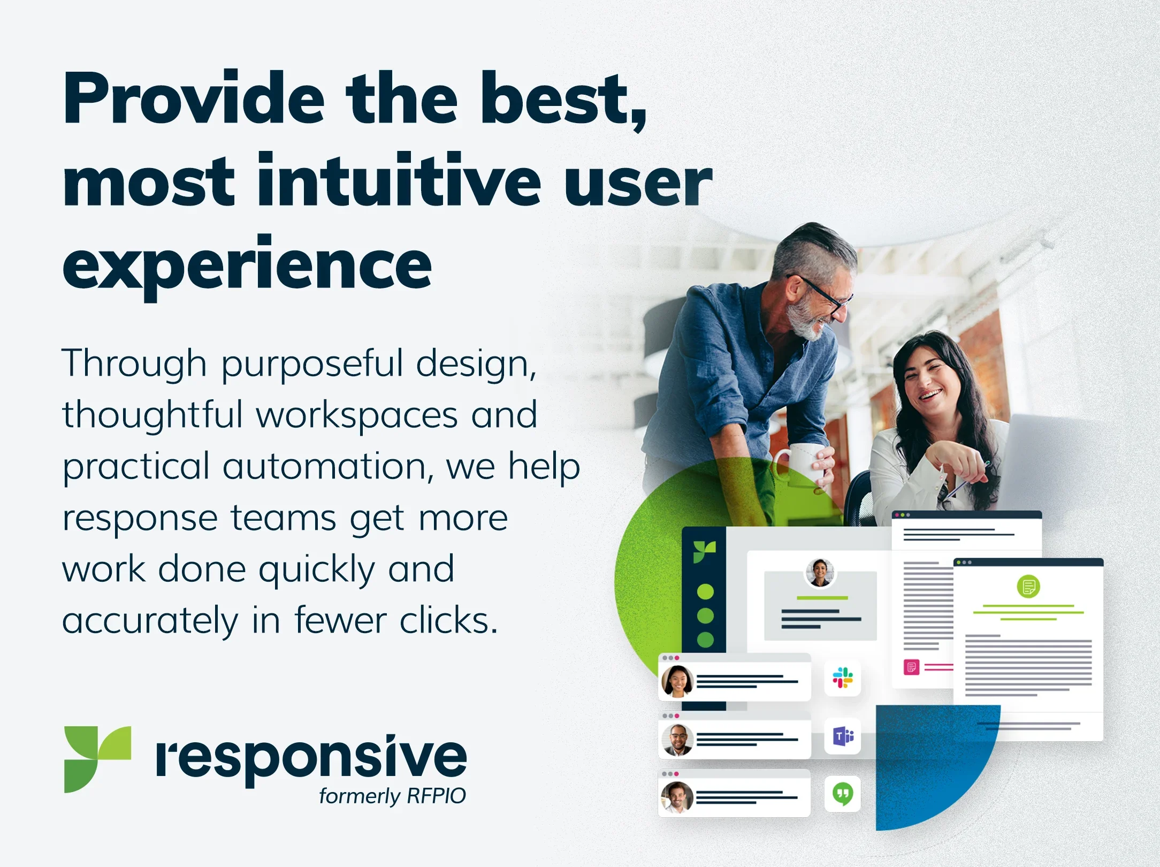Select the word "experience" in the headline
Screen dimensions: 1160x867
[247, 265]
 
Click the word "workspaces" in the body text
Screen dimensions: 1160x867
[357, 415]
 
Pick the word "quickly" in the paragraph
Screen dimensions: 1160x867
[317, 571]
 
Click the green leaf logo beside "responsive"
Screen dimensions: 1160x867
[97, 759]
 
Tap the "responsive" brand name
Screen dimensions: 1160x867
[311, 759]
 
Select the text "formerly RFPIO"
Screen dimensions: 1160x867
[392, 796]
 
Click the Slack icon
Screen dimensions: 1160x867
[843, 678]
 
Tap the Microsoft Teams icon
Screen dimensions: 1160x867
[843, 736]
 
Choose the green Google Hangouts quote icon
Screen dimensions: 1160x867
[843, 794]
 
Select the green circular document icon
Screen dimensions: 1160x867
[1028, 587]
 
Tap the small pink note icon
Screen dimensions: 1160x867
[911, 667]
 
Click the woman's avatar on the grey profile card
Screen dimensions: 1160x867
[820, 573]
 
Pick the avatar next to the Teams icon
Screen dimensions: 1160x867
[677, 740]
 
